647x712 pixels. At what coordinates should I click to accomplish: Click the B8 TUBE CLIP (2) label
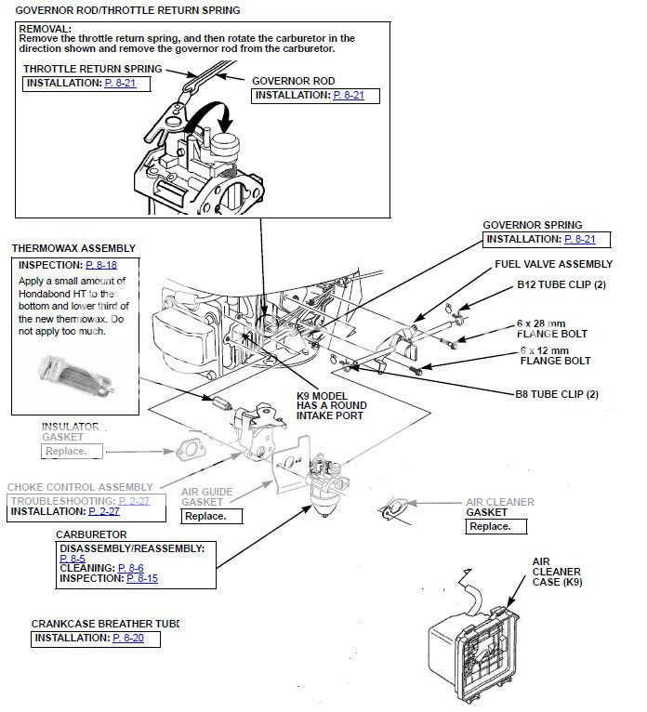(557, 394)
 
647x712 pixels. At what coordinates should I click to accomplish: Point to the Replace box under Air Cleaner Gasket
(490, 526)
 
